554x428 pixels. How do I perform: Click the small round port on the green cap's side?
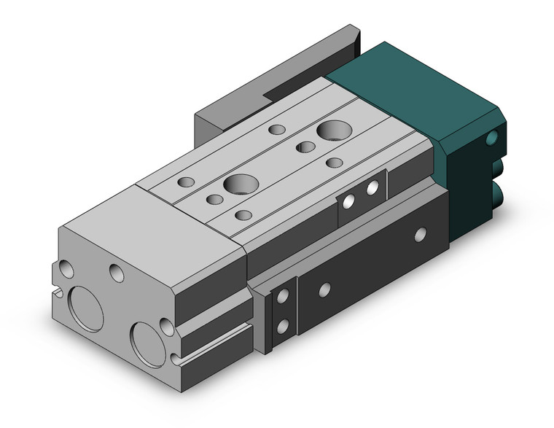coord(498,137)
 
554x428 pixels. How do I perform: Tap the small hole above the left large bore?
coord(67,269)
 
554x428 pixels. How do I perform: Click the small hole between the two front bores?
coord(116,273)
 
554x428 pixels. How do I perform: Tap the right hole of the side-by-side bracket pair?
coord(372,187)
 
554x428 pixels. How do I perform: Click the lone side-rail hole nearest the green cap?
coord(420,234)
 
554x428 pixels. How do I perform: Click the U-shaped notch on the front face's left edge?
coord(57,293)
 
